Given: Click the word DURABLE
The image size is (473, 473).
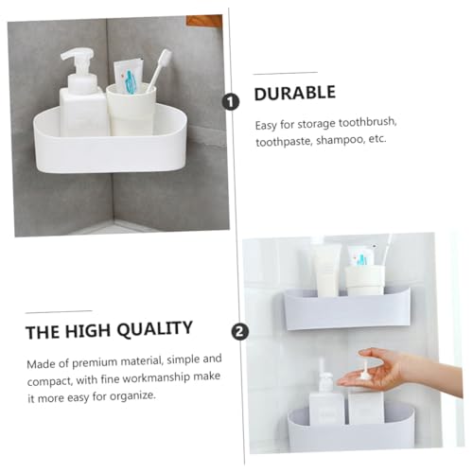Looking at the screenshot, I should pos(295,94).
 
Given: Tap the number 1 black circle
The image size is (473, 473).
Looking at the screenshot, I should pos(229,101).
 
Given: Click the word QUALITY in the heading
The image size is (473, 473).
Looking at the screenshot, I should pos(150,328).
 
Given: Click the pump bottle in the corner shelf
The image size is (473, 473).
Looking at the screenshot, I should pos(80,104).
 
